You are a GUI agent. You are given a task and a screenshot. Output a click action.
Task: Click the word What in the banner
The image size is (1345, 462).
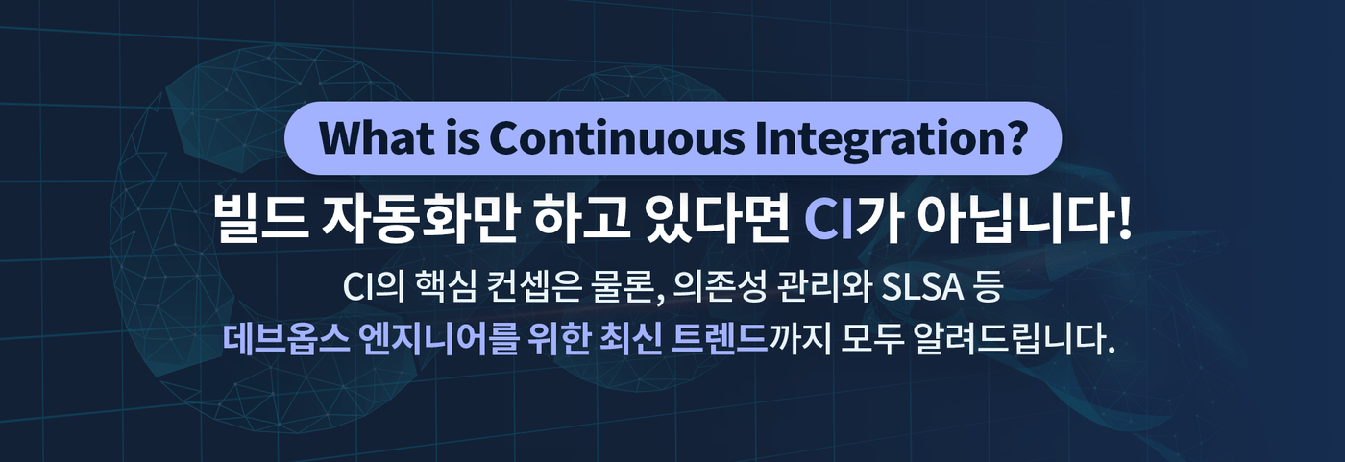tap(377, 138)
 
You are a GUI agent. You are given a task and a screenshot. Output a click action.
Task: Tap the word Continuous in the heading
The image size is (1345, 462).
tap(617, 138)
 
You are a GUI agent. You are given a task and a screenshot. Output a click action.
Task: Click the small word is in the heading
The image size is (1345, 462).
tap(463, 138)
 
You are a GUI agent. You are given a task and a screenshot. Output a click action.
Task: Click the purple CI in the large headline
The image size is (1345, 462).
tap(828, 220)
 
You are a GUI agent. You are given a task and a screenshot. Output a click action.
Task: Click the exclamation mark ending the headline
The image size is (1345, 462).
tap(1124, 220)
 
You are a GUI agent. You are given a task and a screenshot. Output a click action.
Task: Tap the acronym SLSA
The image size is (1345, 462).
tap(923, 288)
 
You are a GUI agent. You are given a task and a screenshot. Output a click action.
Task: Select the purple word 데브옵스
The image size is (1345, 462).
tap(286, 339)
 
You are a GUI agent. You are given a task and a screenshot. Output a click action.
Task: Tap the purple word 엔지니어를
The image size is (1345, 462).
tap(438, 339)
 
